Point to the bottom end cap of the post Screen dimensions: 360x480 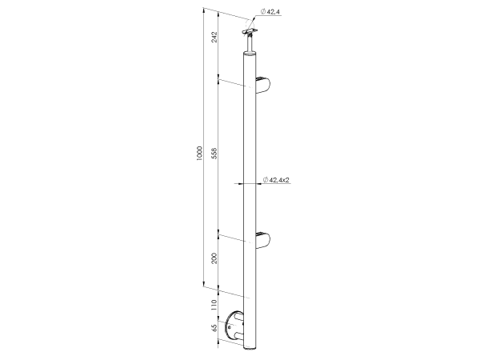[252, 349]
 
